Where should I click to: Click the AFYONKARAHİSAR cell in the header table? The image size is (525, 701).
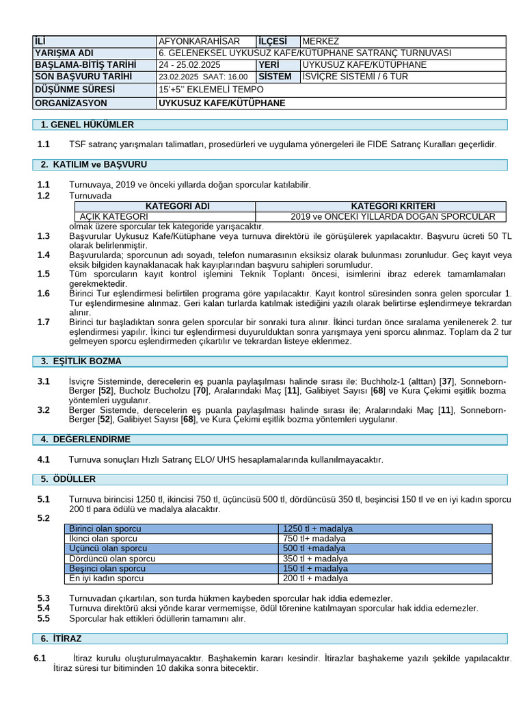(199, 41)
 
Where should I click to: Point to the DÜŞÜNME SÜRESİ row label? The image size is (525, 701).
(75, 89)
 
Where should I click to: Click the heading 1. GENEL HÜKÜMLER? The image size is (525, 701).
(87, 125)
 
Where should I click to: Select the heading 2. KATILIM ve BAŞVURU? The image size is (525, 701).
(94, 165)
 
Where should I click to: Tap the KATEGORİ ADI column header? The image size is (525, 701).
(164, 206)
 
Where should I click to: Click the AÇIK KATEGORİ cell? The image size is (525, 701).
(109, 216)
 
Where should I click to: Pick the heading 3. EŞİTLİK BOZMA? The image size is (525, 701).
(81, 361)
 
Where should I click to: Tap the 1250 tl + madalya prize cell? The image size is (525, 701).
(318, 529)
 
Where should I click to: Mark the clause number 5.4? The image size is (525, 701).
(44, 608)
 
